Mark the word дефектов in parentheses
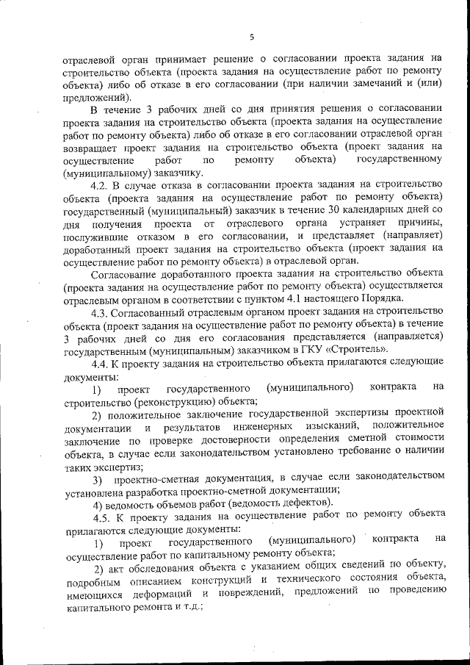(307, 503)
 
